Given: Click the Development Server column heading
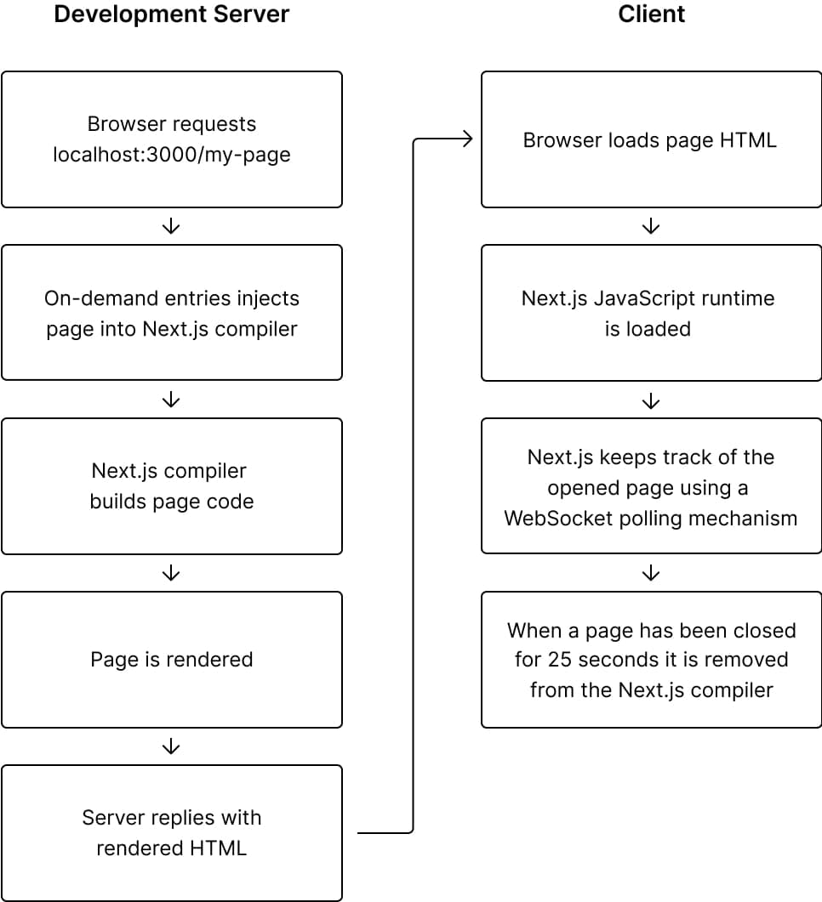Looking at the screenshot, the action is (x=172, y=14).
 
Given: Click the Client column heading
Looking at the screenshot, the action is (x=652, y=14).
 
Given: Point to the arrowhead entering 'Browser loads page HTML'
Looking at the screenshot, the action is (x=471, y=139).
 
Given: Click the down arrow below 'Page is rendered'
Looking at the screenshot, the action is (x=171, y=746).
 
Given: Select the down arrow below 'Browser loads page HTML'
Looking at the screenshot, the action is (x=651, y=226).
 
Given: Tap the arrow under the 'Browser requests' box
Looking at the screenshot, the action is (x=171, y=226).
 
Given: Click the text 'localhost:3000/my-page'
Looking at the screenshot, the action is (x=172, y=155).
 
